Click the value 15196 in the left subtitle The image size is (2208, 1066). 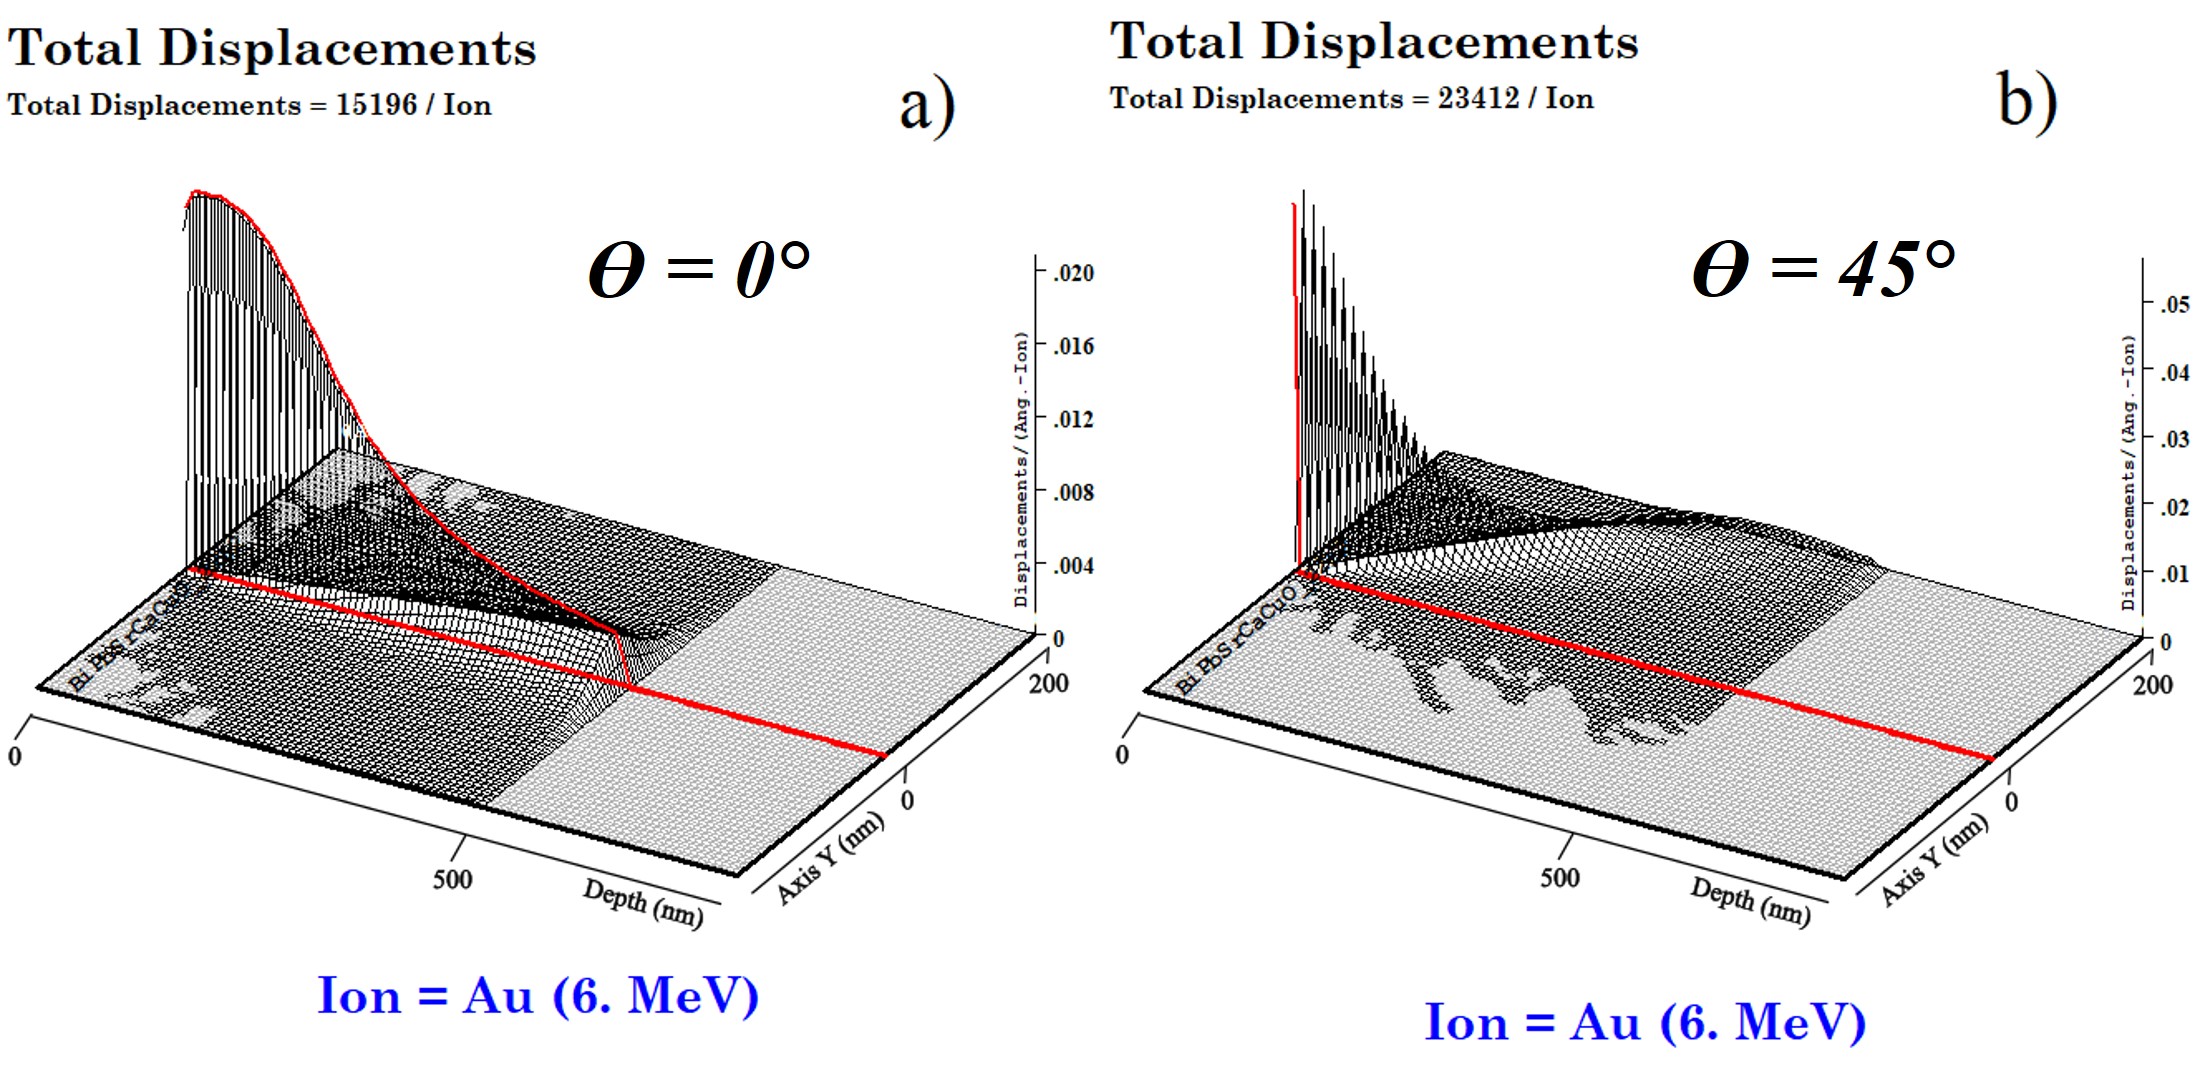pos(376,105)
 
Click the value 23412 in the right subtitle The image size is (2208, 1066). pos(1478,98)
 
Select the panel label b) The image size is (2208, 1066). pos(2027,100)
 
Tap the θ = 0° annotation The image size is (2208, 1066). pos(699,270)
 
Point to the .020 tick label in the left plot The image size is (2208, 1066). pos(1072,273)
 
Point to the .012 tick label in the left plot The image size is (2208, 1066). pos(1072,419)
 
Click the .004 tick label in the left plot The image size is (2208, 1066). pos(1072,566)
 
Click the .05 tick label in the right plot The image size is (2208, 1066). pos(2174,304)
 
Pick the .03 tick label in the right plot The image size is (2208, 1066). pos(2174,439)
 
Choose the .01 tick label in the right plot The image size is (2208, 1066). pos(2174,574)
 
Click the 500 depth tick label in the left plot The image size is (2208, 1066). pos(452,879)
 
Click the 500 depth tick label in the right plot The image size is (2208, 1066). pos(1559,878)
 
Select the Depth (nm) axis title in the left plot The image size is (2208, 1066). pos(643,902)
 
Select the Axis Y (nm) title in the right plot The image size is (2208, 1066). pos(1933,859)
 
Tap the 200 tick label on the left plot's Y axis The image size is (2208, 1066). pos(1048,683)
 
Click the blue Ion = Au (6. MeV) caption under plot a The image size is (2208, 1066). pos(538,996)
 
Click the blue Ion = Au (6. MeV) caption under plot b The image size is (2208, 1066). pos(1645,1022)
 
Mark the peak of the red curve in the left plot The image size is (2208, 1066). pos(198,192)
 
